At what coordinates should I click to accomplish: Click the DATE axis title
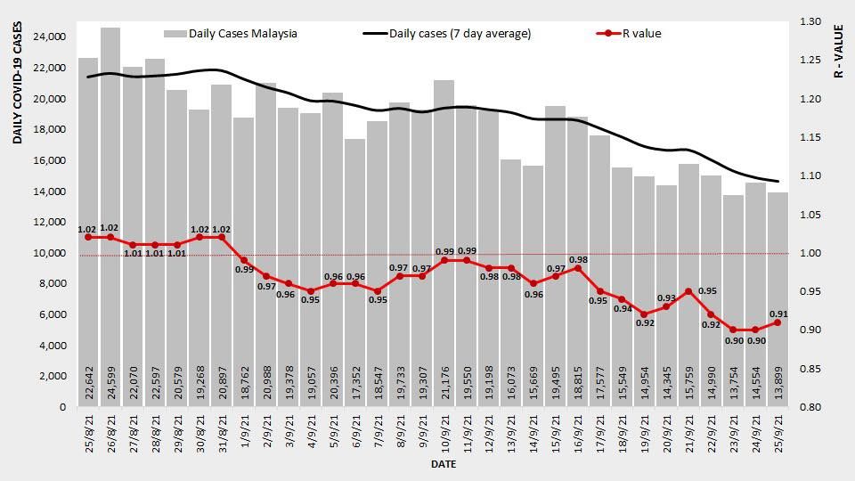(x=444, y=465)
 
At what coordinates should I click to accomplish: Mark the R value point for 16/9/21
(x=578, y=268)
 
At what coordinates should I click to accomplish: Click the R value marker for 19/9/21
(x=644, y=314)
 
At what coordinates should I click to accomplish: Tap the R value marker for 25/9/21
(x=778, y=322)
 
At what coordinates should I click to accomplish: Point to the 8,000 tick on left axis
(x=51, y=283)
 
